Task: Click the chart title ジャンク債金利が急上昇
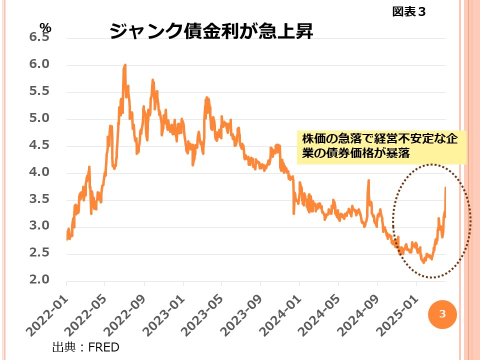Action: (x=210, y=31)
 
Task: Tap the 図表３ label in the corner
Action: (x=408, y=11)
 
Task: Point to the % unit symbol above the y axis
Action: (x=45, y=28)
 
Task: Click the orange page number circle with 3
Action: (x=442, y=314)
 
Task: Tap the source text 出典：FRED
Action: (x=85, y=346)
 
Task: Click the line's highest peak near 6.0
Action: (x=124, y=65)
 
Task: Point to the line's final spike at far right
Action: (x=445, y=188)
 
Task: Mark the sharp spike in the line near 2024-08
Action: (x=368, y=180)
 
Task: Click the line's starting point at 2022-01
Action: (x=67, y=238)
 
